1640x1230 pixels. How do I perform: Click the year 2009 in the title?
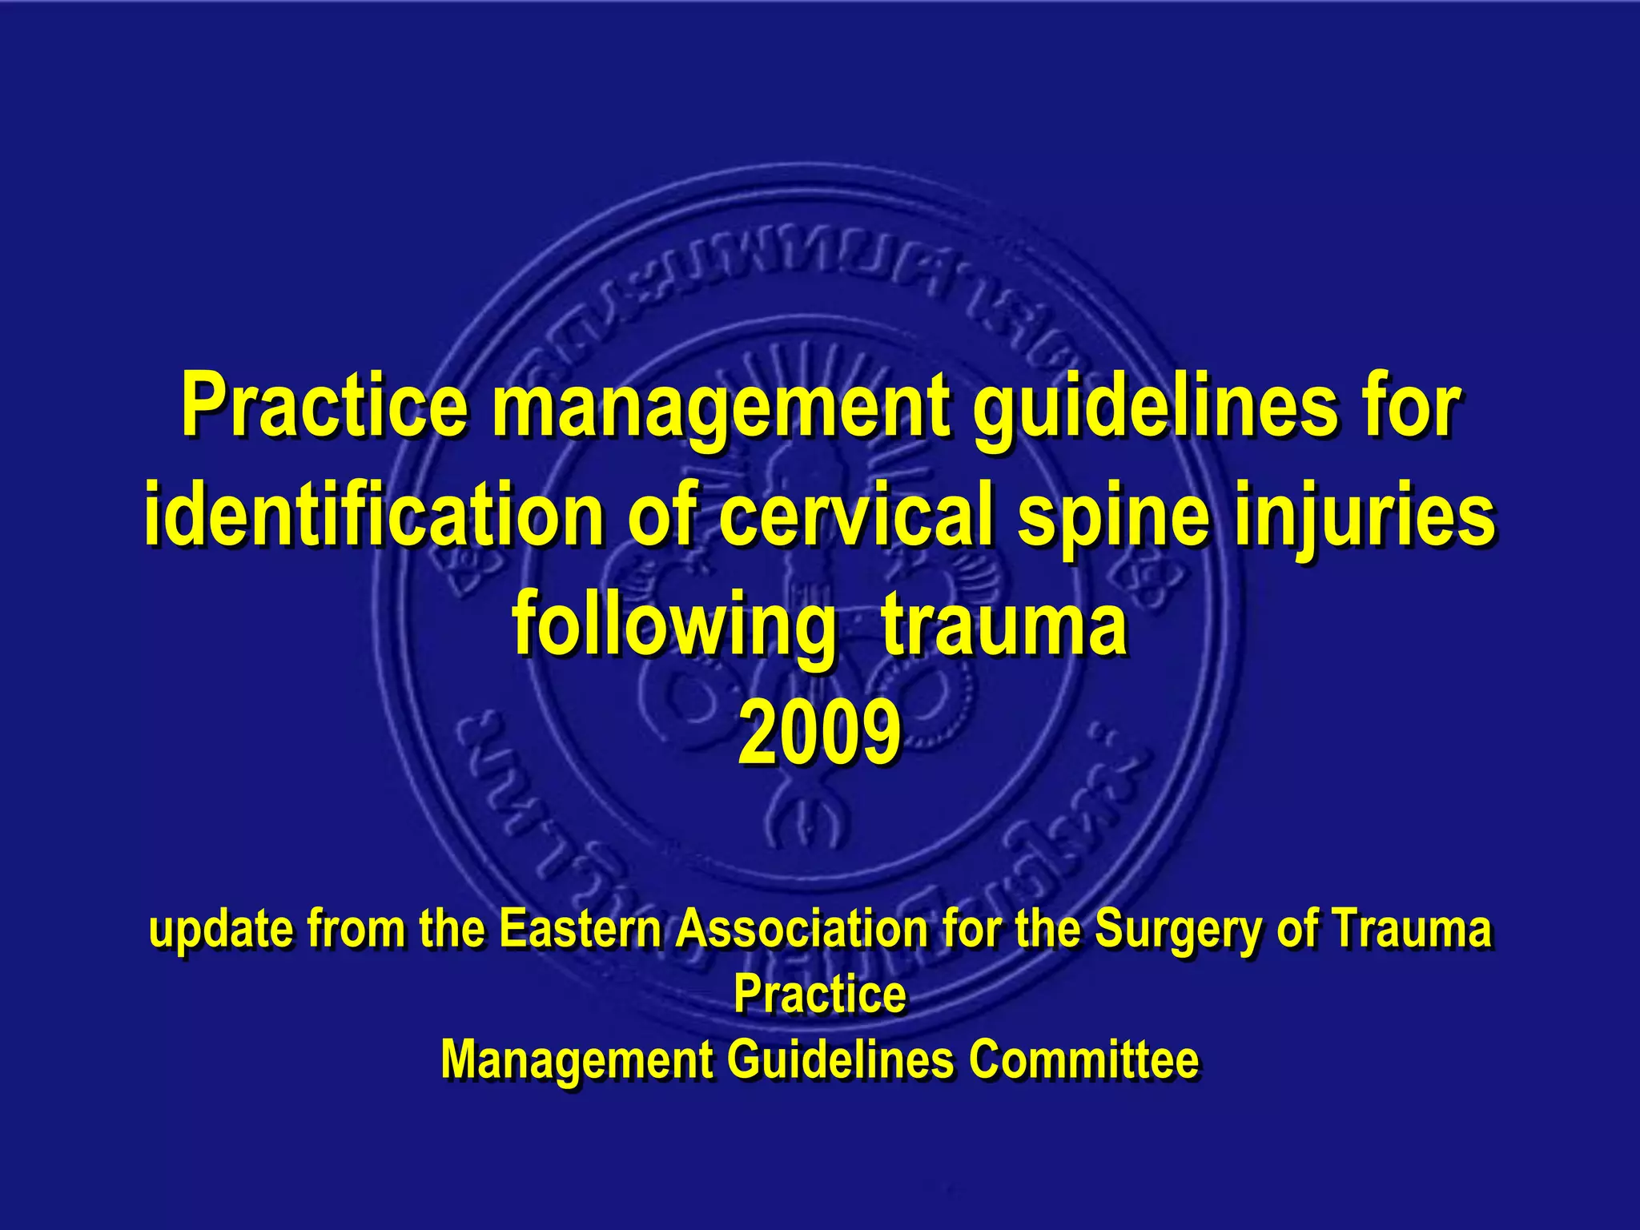820,733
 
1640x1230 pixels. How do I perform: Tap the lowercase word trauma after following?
1005,624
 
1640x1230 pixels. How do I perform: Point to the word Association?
801,929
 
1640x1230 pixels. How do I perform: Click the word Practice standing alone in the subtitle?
820,994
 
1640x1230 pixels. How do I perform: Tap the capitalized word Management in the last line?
577,1060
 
